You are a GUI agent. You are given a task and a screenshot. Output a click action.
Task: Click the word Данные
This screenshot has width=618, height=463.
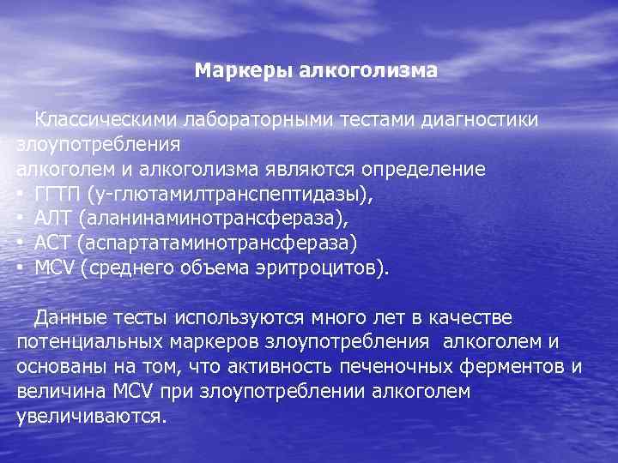[71, 318]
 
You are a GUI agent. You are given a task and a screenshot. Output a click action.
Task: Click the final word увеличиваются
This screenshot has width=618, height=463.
[90, 418]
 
